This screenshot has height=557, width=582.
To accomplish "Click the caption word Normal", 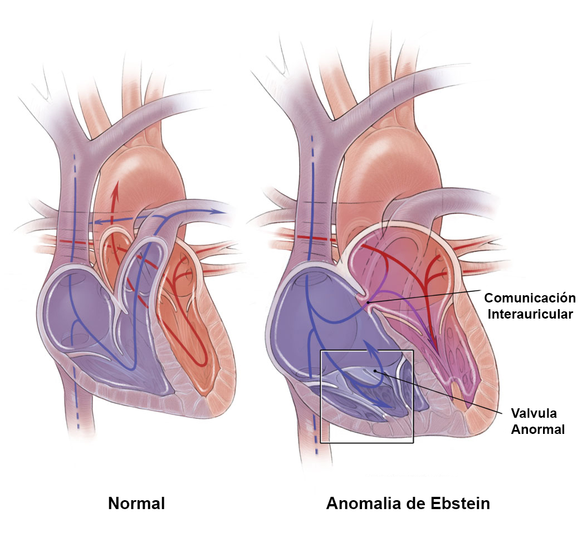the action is point(136,504).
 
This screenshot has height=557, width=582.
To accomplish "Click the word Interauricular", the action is point(529,314).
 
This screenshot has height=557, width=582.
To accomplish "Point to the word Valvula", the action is point(534,413).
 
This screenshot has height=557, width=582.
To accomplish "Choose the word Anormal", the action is point(538,429).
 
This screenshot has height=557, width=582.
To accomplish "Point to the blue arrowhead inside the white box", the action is point(383,402).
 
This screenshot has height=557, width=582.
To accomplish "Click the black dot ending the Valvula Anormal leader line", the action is point(376,370).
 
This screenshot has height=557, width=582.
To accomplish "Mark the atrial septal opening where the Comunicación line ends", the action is point(368,302).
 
